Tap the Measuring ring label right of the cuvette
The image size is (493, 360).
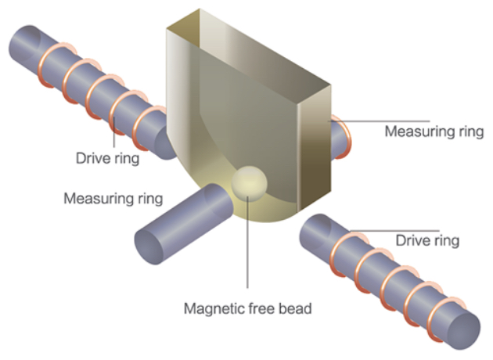point(434,130)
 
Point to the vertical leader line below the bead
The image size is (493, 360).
point(248,250)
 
